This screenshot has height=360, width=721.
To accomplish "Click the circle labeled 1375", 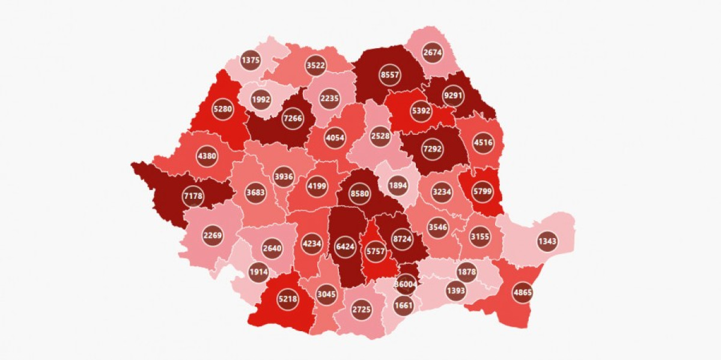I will (x=250, y=60).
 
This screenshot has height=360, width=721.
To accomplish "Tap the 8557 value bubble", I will (x=389, y=75).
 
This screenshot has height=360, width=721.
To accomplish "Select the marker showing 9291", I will (x=454, y=95).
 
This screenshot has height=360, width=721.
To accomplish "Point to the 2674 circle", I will (x=433, y=51).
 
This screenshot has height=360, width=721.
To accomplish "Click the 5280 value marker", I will (x=223, y=109).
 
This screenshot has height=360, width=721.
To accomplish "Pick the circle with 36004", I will (x=406, y=284).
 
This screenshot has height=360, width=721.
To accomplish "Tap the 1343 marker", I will (x=547, y=242).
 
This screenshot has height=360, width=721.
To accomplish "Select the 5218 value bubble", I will (x=287, y=298).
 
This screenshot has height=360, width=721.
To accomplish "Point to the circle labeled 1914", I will (x=260, y=272).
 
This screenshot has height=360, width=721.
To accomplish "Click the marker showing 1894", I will (x=398, y=185).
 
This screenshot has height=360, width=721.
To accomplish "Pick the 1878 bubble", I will (x=467, y=272).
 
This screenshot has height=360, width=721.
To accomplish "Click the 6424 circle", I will (x=345, y=246).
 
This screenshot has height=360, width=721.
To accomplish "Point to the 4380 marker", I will (x=207, y=156).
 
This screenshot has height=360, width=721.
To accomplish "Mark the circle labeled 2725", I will (x=362, y=310).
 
